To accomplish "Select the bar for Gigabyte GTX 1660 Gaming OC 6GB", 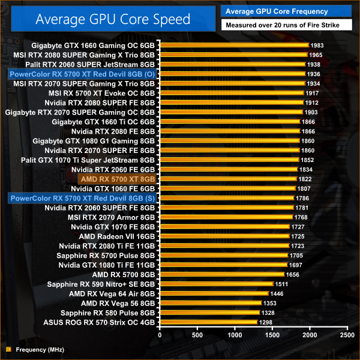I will click(234, 45).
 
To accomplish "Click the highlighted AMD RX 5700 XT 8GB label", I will click(118, 178).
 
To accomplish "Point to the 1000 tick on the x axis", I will click(235, 335).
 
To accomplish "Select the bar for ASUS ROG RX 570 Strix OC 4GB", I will click(208, 322).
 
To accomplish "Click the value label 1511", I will click(282, 284).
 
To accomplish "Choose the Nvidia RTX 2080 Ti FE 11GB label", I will click(107, 246).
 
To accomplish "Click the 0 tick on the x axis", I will click(160, 335).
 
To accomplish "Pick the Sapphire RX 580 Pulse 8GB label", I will click(108, 313).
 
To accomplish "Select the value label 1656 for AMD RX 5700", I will click(293, 274).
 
